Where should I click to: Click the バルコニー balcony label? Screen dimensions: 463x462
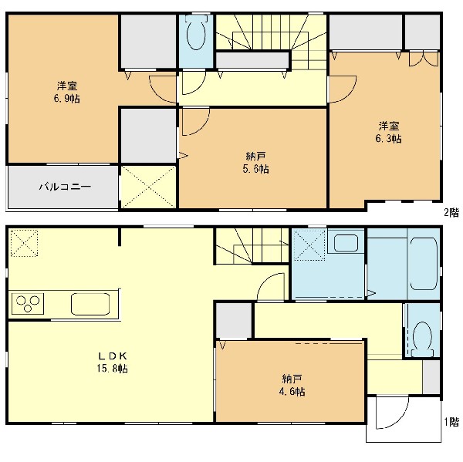coord(66,187)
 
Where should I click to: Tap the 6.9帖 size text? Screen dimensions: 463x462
coord(66,98)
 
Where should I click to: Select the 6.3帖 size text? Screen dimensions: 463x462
coord(388,139)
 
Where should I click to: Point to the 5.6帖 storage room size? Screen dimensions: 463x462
coord(255,169)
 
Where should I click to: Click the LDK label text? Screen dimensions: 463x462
coord(113,356)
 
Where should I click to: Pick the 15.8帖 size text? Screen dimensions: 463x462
coord(112,369)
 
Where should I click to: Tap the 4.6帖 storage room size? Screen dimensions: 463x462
coord(292,392)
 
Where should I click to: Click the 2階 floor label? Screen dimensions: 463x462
coord(451,213)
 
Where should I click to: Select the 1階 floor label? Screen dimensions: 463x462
coord(451,422)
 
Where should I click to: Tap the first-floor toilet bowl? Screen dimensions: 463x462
coord(423,339)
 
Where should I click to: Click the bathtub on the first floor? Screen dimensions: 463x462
coord(424,263)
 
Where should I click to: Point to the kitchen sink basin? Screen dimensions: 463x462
coord(90,304)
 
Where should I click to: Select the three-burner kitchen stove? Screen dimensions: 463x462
coord(28,304)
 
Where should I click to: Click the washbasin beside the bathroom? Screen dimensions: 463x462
coord(346,243)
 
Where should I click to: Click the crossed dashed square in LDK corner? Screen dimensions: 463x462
coord(24,243)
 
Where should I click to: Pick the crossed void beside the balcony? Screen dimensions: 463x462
coord(148,187)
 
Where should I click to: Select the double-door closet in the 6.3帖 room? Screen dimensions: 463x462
coord(424,59)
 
